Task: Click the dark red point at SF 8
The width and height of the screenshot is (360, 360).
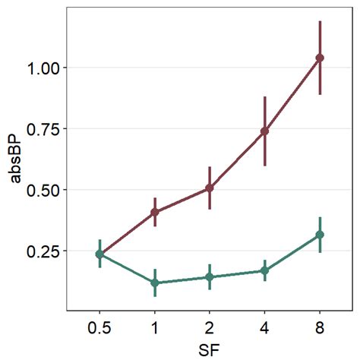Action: click(x=320, y=58)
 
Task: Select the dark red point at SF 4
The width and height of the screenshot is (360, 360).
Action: click(x=264, y=131)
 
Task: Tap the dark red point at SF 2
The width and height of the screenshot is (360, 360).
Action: click(x=210, y=188)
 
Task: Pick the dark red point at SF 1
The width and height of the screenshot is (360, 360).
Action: click(x=155, y=212)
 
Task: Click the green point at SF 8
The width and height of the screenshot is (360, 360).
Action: click(x=320, y=235)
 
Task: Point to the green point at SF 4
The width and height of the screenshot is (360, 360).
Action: click(x=264, y=270)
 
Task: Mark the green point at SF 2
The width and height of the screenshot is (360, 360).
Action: click(x=210, y=277)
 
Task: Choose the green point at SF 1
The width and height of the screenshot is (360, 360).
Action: click(x=155, y=283)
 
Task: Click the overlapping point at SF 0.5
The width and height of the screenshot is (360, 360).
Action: click(x=99, y=254)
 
